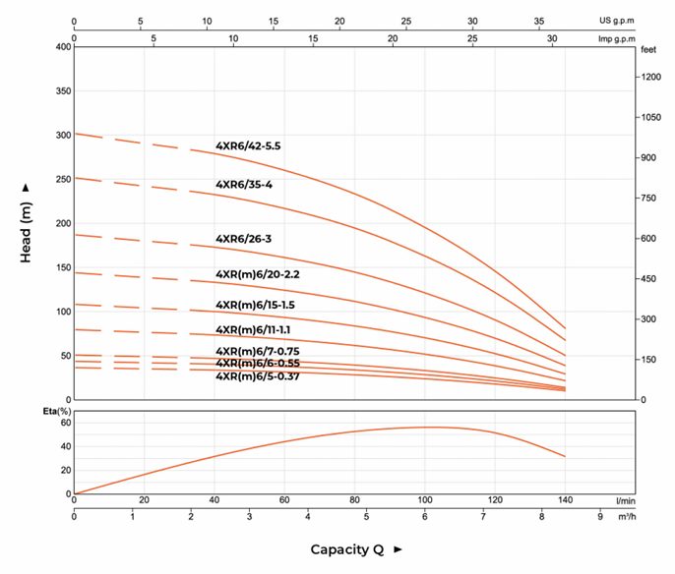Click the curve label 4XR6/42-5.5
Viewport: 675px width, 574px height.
(248, 146)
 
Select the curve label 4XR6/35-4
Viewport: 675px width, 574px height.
(244, 185)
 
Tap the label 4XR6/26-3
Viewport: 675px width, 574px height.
(244, 239)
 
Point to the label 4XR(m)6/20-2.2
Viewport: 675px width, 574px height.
(258, 274)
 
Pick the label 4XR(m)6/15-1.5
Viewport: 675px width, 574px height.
(255, 306)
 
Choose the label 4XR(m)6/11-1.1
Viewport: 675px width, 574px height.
(253, 330)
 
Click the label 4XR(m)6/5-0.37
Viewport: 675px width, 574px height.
(258, 376)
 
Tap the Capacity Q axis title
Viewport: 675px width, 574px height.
(347, 549)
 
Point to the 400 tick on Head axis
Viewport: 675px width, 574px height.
(63, 47)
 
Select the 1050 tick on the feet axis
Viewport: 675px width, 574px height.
(651, 117)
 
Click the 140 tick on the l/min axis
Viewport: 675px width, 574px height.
(565, 500)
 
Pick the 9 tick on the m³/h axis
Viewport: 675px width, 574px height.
(600, 516)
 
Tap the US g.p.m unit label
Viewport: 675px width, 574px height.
(616, 21)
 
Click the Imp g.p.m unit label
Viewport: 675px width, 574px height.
(616, 39)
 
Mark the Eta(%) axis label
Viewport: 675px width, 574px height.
(57, 412)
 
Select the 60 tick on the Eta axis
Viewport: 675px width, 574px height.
(66, 423)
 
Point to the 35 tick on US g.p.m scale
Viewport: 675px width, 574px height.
(539, 21)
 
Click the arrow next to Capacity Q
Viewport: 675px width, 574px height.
(399, 549)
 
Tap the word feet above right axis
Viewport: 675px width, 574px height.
(648, 50)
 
